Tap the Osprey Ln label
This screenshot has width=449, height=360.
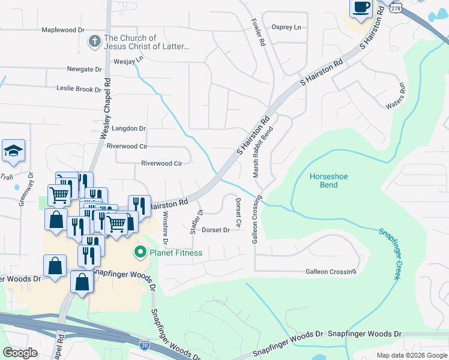point(286,27)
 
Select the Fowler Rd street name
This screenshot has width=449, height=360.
point(258,33)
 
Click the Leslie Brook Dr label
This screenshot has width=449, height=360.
point(79,89)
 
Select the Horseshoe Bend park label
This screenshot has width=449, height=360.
point(328,181)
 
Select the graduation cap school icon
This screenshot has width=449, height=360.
point(13,152)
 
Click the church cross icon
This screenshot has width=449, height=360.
point(94,41)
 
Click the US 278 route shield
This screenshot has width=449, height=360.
point(394,6)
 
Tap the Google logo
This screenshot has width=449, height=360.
point(20,353)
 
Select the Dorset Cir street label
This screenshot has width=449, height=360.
point(238,213)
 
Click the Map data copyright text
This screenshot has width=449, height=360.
point(411,355)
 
